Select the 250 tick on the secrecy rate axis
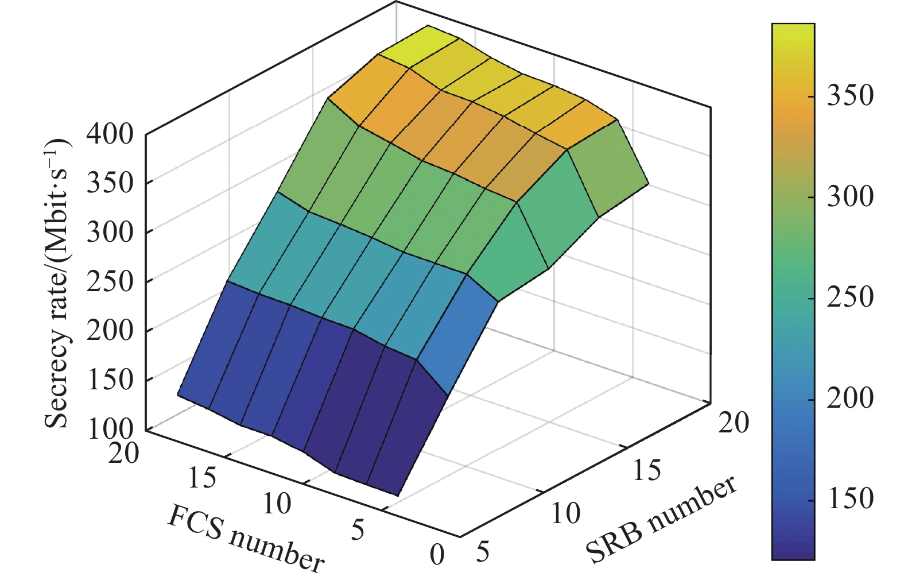coord(110,281)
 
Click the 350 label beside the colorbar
coord(849,95)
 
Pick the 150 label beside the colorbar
coord(849,498)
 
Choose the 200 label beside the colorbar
coord(849,398)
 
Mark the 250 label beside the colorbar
coord(849,297)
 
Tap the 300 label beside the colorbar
coord(849,196)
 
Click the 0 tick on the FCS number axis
coord(437,555)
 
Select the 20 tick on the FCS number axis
coord(124,453)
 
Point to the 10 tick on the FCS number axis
coord(277,504)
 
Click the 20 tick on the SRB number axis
coord(734,423)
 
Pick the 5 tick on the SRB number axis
coord(483,552)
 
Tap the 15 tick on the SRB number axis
coord(647,470)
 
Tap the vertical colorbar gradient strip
coord(793,291)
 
